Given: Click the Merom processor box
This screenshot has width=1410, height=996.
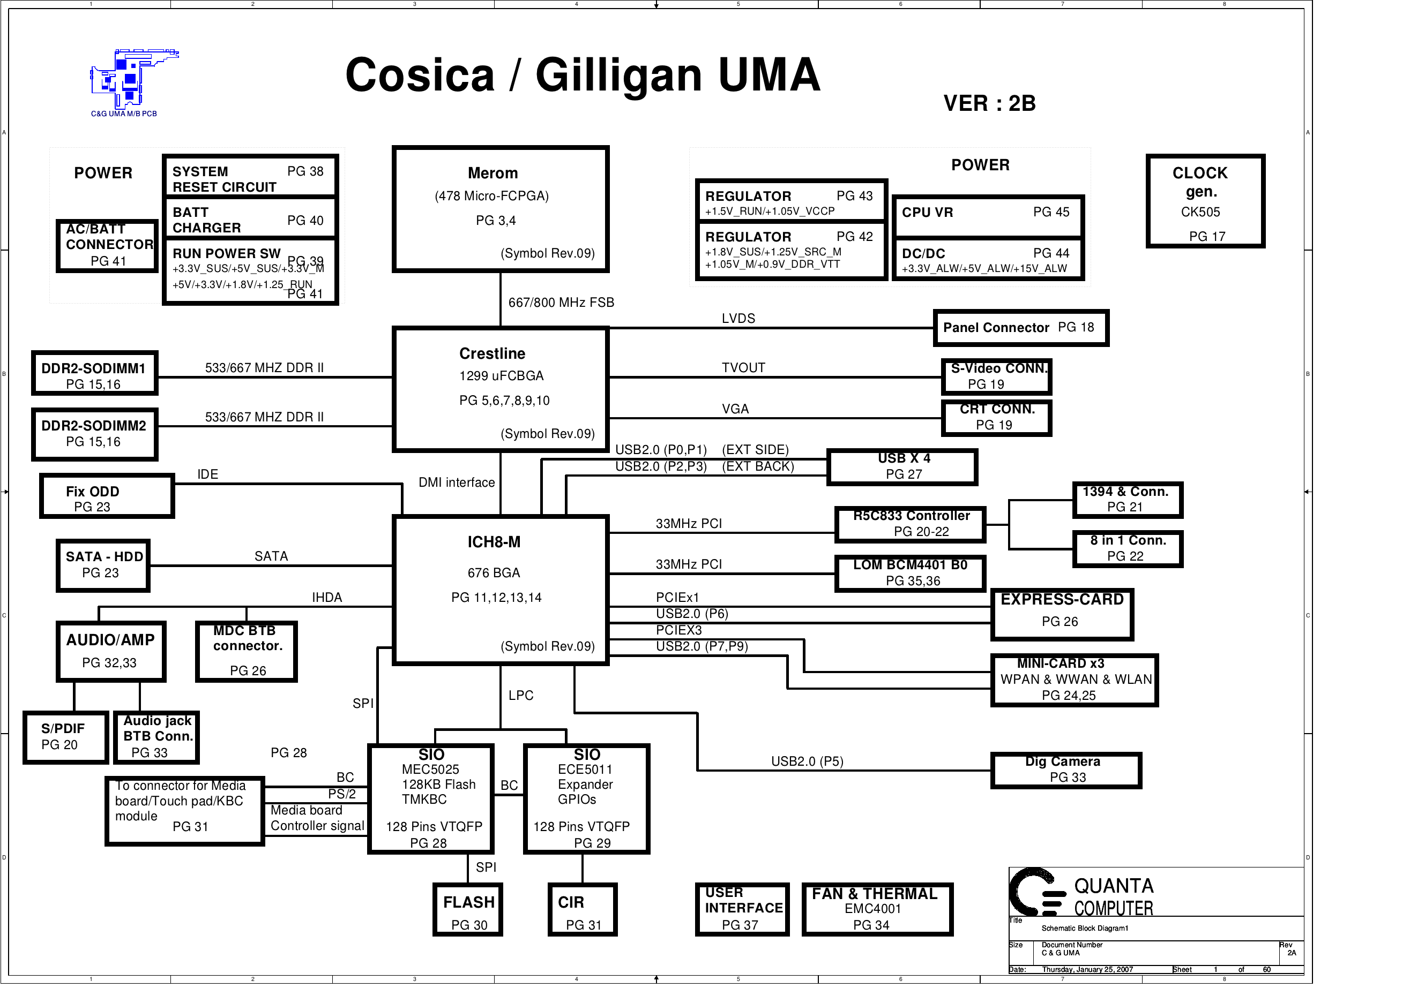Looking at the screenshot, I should click(x=501, y=209).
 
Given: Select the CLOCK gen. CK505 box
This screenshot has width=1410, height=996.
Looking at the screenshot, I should click(x=1205, y=201).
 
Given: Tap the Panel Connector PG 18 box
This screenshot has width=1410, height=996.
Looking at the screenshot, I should click(x=1020, y=328).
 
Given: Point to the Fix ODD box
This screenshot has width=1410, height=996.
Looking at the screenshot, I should click(x=107, y=496).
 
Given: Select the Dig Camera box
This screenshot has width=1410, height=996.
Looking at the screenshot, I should click(x=1066, y=770).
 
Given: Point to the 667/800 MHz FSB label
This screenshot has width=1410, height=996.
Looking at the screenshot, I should click(x=561, y=303).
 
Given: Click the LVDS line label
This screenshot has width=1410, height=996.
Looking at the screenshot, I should click(x=738, y=319).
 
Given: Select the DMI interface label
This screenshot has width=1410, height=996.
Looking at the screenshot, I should click(x=456, y=482).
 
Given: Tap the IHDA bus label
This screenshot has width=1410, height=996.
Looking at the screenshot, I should click(x=327, y=597).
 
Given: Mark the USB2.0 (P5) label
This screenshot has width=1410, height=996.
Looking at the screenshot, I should click(x=807, y=761).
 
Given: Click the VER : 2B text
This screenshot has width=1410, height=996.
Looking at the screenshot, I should click(x=989, y=103).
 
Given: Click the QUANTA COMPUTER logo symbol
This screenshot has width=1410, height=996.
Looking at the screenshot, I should click(x=1036, y=892).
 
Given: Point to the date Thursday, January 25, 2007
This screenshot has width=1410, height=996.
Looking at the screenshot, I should click(x=1087, y=970).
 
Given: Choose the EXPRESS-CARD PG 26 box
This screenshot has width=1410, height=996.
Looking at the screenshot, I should click(x=1062, y=614).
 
